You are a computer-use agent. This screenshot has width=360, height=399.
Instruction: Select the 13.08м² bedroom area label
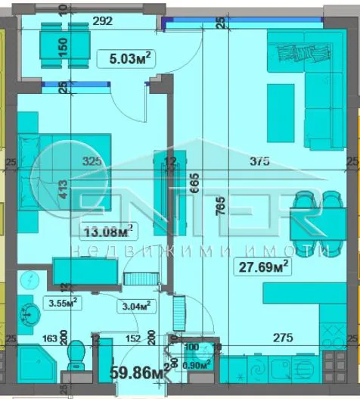[107, 229]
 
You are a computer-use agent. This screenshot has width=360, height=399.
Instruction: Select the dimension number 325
[92, 161]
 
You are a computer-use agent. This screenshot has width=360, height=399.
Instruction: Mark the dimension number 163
[51, 339]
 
